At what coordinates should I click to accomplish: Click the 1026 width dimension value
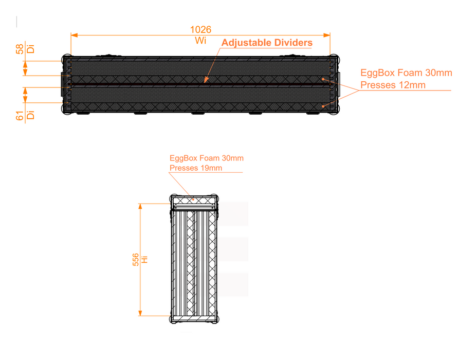coord(200,29)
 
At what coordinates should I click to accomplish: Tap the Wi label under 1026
coord(200,40)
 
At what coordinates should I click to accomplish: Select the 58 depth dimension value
coord(20,49)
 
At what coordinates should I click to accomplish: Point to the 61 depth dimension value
coord(20,115)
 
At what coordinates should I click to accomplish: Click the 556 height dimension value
coord(136,260)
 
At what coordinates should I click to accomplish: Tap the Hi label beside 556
coord(144,260)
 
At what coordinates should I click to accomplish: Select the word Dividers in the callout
coord(289,43)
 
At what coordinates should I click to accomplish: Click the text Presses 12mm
coord(393,85)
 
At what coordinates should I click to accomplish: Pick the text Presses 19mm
coord(196,168)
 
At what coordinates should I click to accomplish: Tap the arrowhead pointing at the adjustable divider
coord(206,80)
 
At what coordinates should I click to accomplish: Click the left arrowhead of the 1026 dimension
coord(74,35)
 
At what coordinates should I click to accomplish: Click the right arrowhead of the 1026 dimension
coord(326,35)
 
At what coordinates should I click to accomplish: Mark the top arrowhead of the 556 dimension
coord(140,207)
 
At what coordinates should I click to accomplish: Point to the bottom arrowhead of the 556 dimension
coord(140,313)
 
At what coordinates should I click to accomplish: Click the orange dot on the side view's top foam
coord(193,200)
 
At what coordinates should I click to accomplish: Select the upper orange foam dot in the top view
coord(323,79)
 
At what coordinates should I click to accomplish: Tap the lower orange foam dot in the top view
coord(323,106)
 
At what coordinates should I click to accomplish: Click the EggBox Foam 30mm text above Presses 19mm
coord(207,158)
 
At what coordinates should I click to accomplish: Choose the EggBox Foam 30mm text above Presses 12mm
coord(406,73)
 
